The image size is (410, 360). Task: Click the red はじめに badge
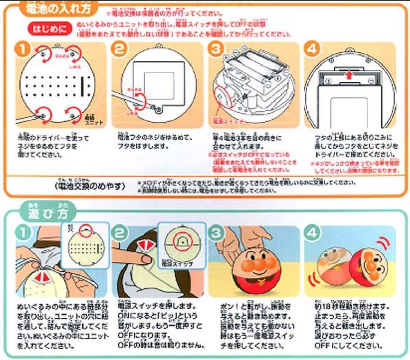(x=50, y=29)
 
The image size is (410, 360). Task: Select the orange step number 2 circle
(x=119, y=49)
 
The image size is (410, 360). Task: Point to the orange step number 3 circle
(x=216, y=49)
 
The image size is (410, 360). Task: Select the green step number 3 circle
(x=216, y=233)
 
